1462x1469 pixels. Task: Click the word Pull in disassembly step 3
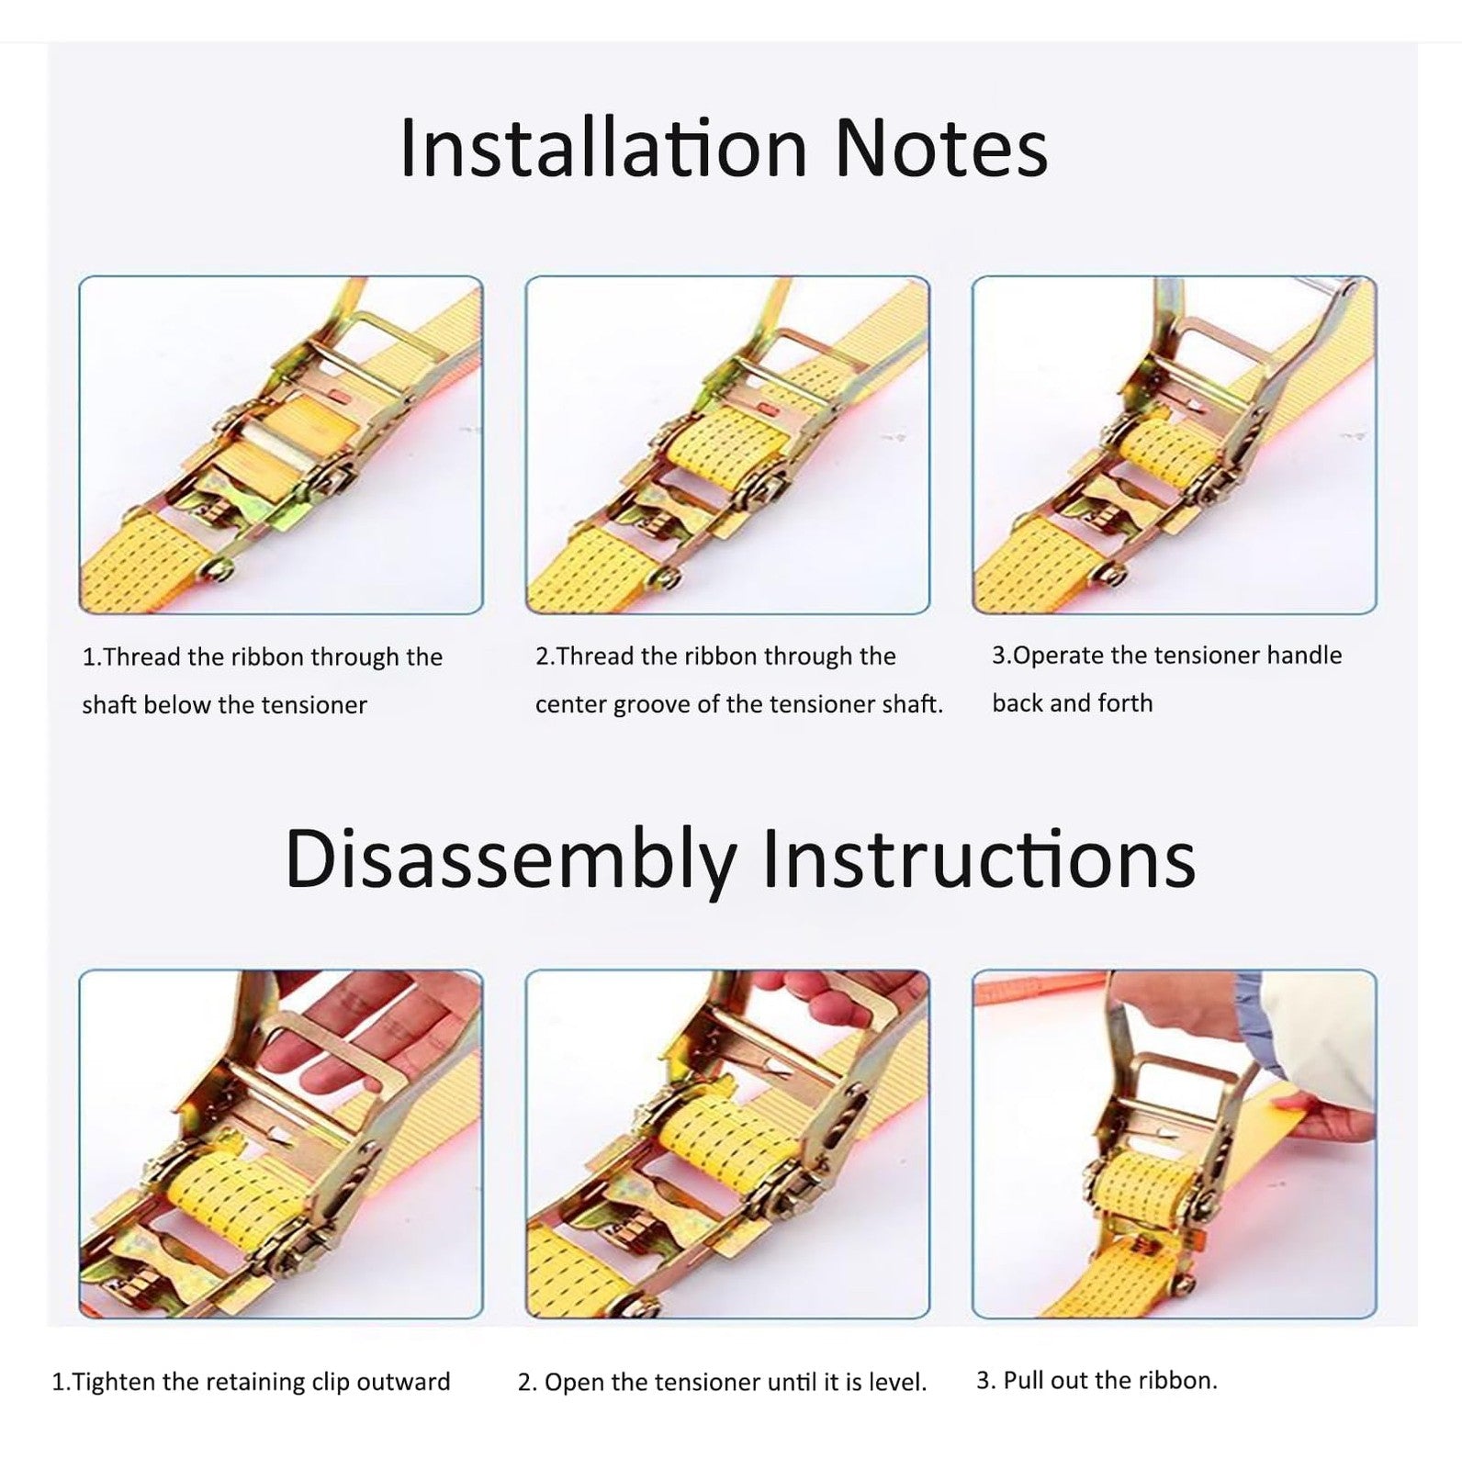[x=1021, y=1380]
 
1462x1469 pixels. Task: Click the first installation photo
[x=281, y=445]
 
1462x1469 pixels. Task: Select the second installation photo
[x=727, y=445]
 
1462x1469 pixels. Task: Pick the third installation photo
[x=1175, y=445]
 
